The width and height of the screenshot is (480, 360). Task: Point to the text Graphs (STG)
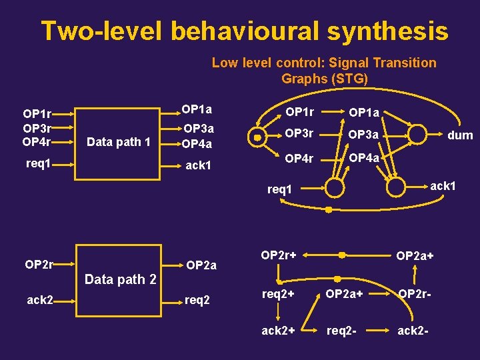coord(324,79)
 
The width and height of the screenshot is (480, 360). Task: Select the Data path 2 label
coord(120,279)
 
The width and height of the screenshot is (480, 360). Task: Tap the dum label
coord(460,135)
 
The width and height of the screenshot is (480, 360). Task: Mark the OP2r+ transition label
coord(279,255)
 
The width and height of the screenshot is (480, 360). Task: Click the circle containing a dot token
coord(257,137)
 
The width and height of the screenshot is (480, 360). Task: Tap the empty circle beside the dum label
coord(417,135)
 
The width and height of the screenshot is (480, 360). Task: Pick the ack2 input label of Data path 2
coord(40,300)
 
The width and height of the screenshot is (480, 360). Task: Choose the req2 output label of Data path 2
coord(197,300)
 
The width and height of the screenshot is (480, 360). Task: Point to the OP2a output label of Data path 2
coord(201,265)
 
